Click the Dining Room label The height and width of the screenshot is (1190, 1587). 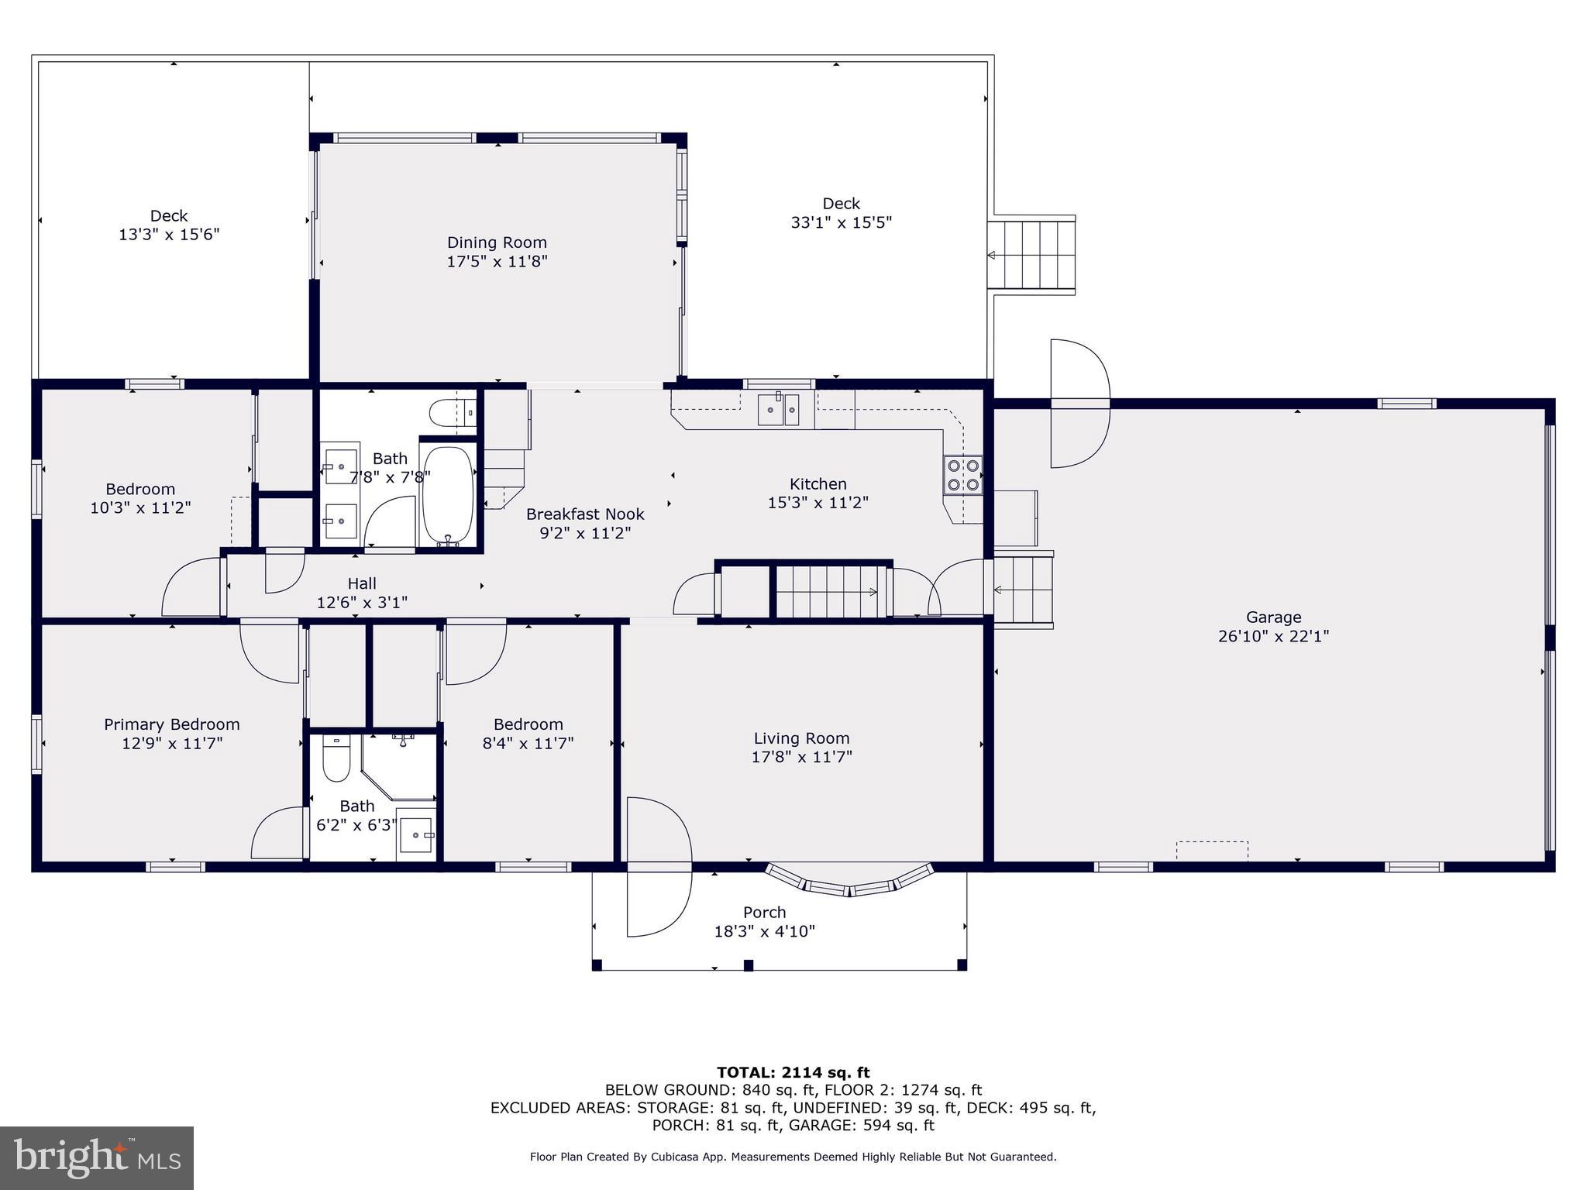coord(497,242)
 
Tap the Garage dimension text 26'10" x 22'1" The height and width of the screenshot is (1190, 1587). coord(1273,636)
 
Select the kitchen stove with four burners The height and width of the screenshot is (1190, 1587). coord(962,475)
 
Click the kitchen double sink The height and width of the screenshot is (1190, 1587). coord(778,408)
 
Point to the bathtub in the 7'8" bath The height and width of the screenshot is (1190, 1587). coord(447,495)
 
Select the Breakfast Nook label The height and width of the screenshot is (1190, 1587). coord(585,514)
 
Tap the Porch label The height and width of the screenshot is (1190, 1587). coord(764,912)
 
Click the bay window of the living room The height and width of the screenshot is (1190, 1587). coord(849,882)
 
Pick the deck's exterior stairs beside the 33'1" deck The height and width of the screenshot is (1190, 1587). coord(1031,254)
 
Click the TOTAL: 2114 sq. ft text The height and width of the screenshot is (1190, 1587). coord(793,1072)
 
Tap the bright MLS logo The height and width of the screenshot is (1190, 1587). coord(96,1157)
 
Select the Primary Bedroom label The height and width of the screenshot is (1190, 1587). coord(172,724)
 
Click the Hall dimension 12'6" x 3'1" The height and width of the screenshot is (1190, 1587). coord(362,602)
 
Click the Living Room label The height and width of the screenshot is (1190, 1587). coord(801,738)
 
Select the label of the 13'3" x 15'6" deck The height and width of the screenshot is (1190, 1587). coord(169,216)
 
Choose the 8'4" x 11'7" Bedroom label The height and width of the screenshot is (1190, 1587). coord(528,724)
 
